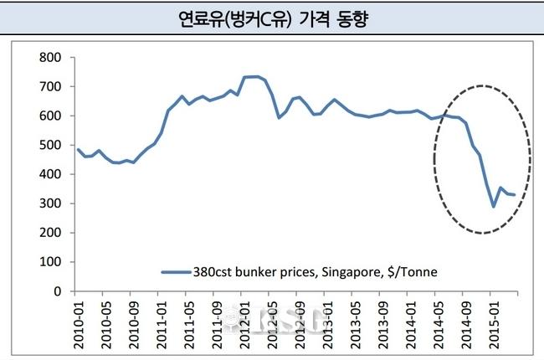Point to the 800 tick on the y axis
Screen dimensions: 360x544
50,58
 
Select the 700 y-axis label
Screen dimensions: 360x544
50,87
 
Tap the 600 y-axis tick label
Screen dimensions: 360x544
50,116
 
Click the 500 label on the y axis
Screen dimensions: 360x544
50,146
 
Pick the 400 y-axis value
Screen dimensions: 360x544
50,175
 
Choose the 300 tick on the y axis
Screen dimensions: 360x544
50,204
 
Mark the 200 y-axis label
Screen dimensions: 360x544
50,234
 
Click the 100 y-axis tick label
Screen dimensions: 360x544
50,263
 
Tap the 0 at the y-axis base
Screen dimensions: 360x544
59,292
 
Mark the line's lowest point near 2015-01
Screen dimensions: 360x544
494,206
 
